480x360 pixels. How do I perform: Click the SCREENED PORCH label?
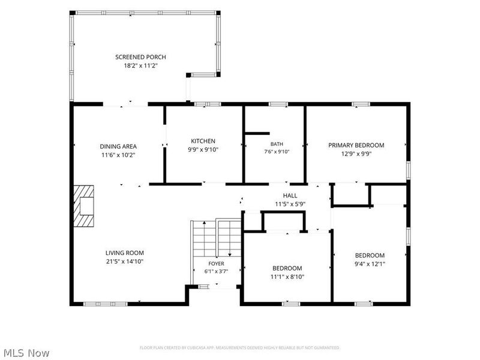click(x=140, y=57)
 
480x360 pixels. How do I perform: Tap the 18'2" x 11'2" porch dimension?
click(x=140, y=65)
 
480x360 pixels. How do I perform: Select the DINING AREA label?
click(x=118, y=146)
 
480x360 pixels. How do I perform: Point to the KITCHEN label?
click(x=203, y=141)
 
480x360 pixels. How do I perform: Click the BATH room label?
click(x=277, y=144)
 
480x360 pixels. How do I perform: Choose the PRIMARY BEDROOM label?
click(x=356, y=145)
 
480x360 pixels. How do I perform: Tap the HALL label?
click(x=290, y=196)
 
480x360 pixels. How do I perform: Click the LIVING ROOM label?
click(x=125, y=253)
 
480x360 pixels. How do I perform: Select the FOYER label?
click(x=216, y=263)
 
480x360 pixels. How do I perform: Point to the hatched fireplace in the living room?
click(x=83, y=206)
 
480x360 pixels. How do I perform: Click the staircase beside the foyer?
click(x=217, y=238)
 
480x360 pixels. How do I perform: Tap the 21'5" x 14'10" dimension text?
click(x=125, y=262)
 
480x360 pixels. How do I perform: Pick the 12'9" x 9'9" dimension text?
click(x=356, y=154)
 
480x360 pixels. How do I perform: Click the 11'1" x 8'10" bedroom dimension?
click(x=287, y=277)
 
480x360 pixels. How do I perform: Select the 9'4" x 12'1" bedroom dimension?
click(x=370, y=264)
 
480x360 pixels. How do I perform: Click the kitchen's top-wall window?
click(x=208, y=104)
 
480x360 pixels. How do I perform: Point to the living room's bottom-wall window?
click(x=106, y=304)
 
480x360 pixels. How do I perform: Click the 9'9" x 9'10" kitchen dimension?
click(x=203, y=149)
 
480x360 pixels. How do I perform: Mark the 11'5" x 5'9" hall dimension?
click(x=290, y=204)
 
